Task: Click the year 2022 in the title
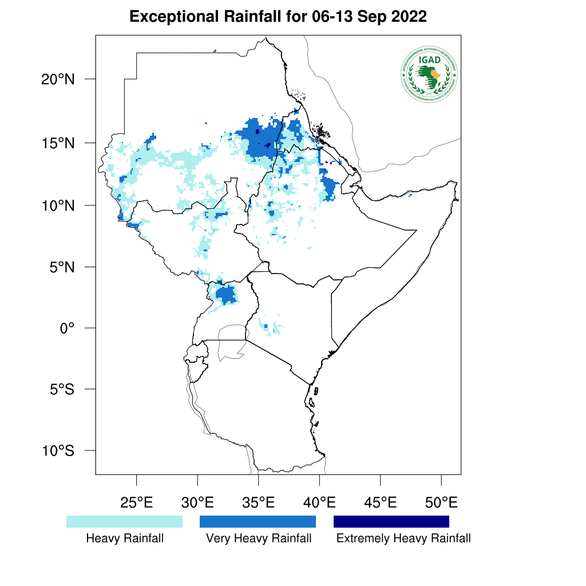click(409, 17)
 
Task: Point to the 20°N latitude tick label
click(58, 79)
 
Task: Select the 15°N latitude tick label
click(58, 142)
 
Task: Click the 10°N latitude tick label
click(58, 205)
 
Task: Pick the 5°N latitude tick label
click(61, 267)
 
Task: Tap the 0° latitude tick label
click(68, 328)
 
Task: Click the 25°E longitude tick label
click(136, 503)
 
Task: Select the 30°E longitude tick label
click(197, 503)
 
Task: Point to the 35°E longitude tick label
click(259, 503)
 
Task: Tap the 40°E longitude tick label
click(319, 503)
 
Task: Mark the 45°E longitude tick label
click(381, 503)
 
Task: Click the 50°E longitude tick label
click(441, 503)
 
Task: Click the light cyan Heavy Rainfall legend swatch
click(124, 521)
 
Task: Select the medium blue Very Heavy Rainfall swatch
click(258, 521)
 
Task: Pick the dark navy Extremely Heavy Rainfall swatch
click(391, 521)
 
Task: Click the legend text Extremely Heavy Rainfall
click(403, 539)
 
